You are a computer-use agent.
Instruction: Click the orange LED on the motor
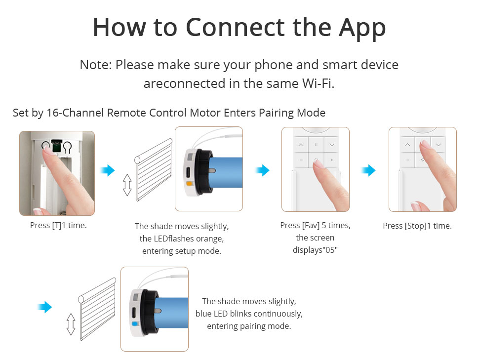point(189,184)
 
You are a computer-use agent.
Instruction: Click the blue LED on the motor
point(134,324)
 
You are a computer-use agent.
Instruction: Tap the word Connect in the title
point(235,28)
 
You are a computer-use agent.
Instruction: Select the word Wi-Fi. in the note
point(319,83)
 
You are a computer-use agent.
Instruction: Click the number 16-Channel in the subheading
point(75,113)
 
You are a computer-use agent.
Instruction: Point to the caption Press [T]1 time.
point(58,226)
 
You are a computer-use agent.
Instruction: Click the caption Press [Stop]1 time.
point(417,226)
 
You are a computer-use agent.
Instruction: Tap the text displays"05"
point(315,250)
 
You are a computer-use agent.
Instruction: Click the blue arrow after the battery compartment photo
point(108,170)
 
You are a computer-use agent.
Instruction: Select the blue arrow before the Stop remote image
point(368,170)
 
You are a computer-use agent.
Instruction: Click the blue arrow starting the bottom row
point(44,307)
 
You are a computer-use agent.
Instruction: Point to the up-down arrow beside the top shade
point(127,185)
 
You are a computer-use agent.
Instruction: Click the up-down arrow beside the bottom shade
point(71,324)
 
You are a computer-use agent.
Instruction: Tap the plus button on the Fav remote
point(332,160)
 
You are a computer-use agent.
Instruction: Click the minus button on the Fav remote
point(301,160)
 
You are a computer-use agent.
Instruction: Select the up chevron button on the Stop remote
point(407,145)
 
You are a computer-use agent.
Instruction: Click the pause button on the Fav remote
point(316,145)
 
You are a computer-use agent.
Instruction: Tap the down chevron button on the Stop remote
point(439,145)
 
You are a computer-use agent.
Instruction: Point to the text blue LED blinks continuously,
point(249,314)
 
